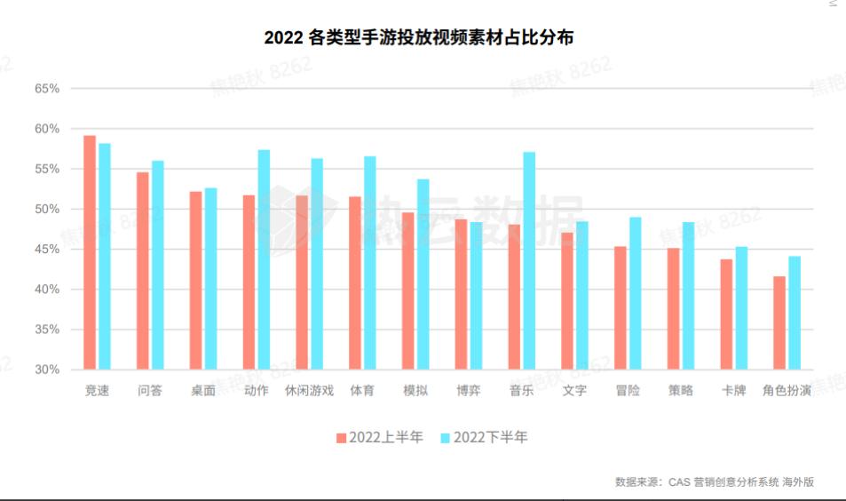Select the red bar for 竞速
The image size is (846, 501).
tap(90, 252)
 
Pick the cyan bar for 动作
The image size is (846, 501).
tap(264, 259)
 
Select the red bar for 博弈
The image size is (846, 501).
tap(461, 294)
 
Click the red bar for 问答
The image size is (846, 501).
tap(143, 271)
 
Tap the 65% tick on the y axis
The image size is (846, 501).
tap(46, 89)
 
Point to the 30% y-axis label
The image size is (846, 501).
tap(46, 370)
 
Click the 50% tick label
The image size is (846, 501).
tap(46, 210)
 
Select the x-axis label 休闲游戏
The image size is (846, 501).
tap(309, 391)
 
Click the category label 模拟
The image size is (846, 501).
tap(415, 391)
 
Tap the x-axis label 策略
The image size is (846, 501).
tap(680, 391)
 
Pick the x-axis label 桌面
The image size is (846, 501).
tap(202, 391)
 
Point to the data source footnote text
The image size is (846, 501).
tap(714, 482)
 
